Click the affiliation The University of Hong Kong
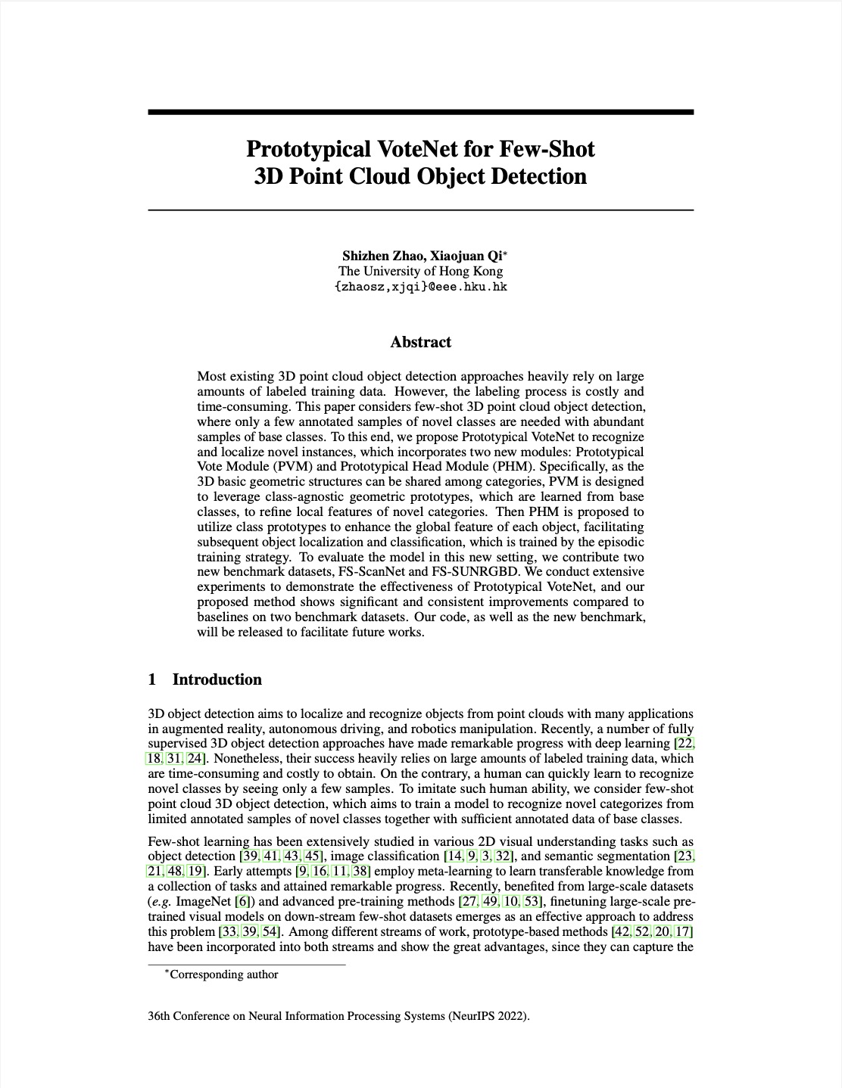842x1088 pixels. point(420,271)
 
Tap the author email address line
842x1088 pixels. point(420,287)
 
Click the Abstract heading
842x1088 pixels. point(420,342)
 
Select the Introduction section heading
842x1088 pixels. point(217,679)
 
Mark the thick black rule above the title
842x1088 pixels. point(420,112)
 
